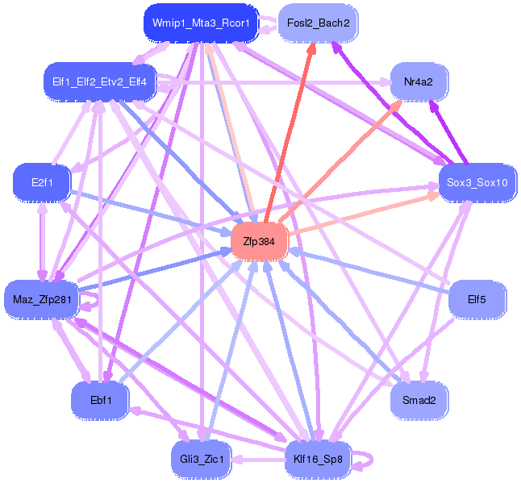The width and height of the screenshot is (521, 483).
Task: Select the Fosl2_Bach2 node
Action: pyautogui.click(x=318, y=23)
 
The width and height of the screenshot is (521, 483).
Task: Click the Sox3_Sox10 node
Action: pyautogui.click(x=477, y=182)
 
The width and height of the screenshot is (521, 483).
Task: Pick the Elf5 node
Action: pyautogui.click(x=477, y=300)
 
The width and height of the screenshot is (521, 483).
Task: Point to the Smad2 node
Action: pyautogui.click(x=419, y=400)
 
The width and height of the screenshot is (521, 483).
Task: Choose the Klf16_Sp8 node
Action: pyautogui.click(x=318, y=460)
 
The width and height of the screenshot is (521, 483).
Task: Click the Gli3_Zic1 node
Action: pyautogui.click(x=201, y=460)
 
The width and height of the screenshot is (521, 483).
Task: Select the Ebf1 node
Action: pyautogui.click(x=101, y=400)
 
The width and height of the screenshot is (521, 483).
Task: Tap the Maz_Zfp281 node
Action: pyautogui.click(x=42, y=300)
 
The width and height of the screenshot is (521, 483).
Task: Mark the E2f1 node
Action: pyautogui.click(x=42, y=183)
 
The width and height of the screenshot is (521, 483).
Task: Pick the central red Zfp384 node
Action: pyautogui.click(x=260, y=241)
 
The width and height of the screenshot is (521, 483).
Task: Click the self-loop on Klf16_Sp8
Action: pyautogui.click(x=367, y=460)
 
